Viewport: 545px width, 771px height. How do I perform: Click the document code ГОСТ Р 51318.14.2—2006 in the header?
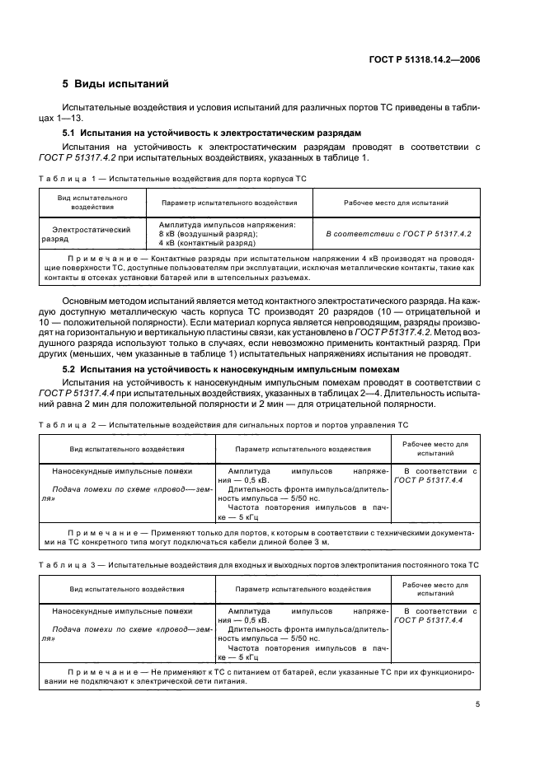point(435,59)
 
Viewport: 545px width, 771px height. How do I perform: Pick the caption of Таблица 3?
point(265,567)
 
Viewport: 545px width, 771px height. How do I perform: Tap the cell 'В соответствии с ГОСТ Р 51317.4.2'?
point(397,234)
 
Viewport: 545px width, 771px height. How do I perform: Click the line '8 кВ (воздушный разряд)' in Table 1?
point(208,234)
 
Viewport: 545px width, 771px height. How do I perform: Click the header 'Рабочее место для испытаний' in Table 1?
point(396,203)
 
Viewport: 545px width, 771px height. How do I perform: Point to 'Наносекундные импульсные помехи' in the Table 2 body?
point(121,471)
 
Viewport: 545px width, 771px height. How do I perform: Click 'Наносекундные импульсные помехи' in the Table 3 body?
point(121,611)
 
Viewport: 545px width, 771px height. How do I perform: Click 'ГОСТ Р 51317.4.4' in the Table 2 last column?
point(428,479)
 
